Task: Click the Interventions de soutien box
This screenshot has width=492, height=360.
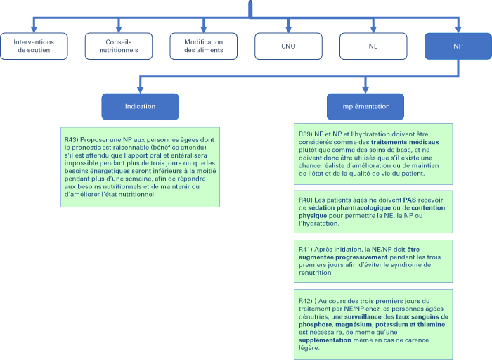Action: coord(34,46)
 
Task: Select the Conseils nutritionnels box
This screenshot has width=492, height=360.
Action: coord(119,46)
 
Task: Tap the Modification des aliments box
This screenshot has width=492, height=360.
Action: coord(204,46)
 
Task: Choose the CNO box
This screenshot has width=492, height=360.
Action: coord(288,46)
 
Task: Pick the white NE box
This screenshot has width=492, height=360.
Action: coord(373,46)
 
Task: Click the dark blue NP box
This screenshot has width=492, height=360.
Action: coord(458,46)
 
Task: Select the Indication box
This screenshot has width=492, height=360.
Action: coord(141,107)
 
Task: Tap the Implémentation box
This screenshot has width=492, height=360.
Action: coord(365,107)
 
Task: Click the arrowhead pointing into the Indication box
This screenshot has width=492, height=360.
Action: coord(141,90)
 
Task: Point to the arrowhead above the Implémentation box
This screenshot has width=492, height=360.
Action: coord(365,90)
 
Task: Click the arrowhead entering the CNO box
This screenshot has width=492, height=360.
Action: coord(288,30)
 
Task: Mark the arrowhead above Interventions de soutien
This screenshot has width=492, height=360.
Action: coord(34,30)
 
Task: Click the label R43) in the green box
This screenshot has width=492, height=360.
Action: coord(72,140)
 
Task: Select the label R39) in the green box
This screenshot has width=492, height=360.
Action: coord(306,134)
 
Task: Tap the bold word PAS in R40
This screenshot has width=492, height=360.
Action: coord(410,200)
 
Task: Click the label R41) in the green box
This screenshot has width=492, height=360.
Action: coord(306,250)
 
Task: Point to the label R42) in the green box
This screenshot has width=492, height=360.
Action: coord(306,301)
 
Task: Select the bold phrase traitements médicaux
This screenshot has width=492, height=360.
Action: coord(405,142)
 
